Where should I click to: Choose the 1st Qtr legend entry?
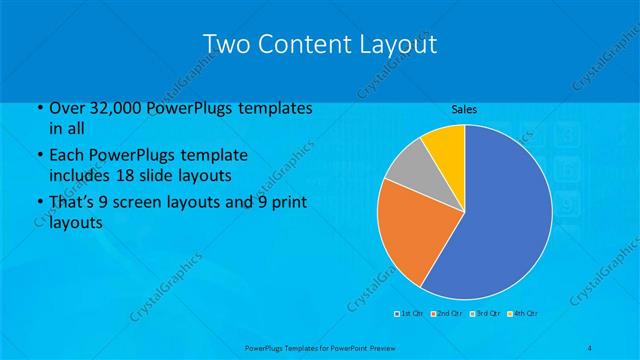coord(410,314)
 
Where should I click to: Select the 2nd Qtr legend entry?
coord(447,314)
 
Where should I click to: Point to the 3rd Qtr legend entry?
coord(485,314)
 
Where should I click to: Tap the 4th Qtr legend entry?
coord(523,314)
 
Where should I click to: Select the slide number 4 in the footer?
coord(590,347)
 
